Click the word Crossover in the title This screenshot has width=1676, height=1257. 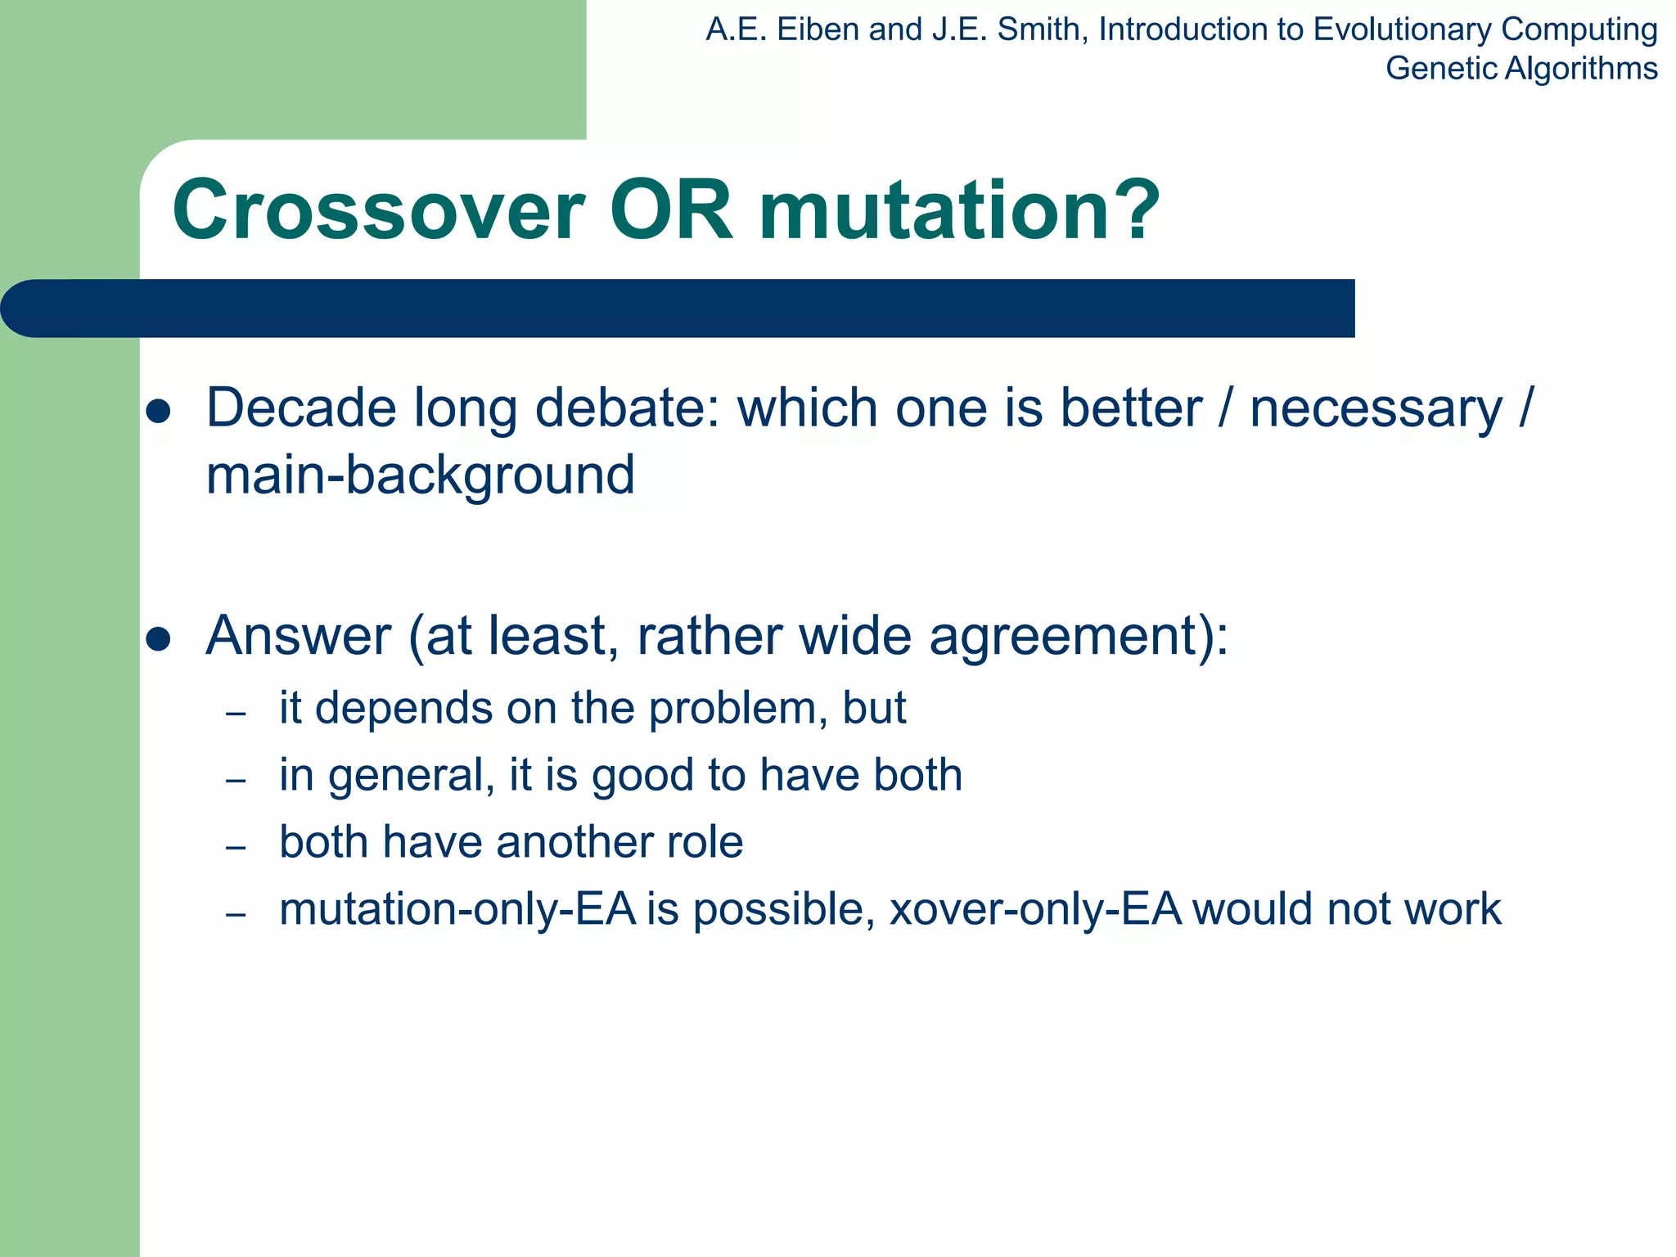click(x=378, y=211)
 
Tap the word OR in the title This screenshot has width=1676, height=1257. click(x=671, y=211)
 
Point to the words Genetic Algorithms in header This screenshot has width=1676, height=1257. click(x=1521, y=69)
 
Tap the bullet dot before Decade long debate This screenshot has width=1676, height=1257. click(x=157, y=411)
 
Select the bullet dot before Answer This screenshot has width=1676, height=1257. click(x=157, y=638)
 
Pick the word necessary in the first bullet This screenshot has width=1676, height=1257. click(x=1376, y=409)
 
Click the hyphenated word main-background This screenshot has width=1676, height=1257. click(x=420, y=475)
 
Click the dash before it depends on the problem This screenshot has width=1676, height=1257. click(x=236, y=714)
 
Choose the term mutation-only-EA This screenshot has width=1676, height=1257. click(x=457, y=909)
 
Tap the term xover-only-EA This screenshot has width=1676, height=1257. click(x=1035, y=909)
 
